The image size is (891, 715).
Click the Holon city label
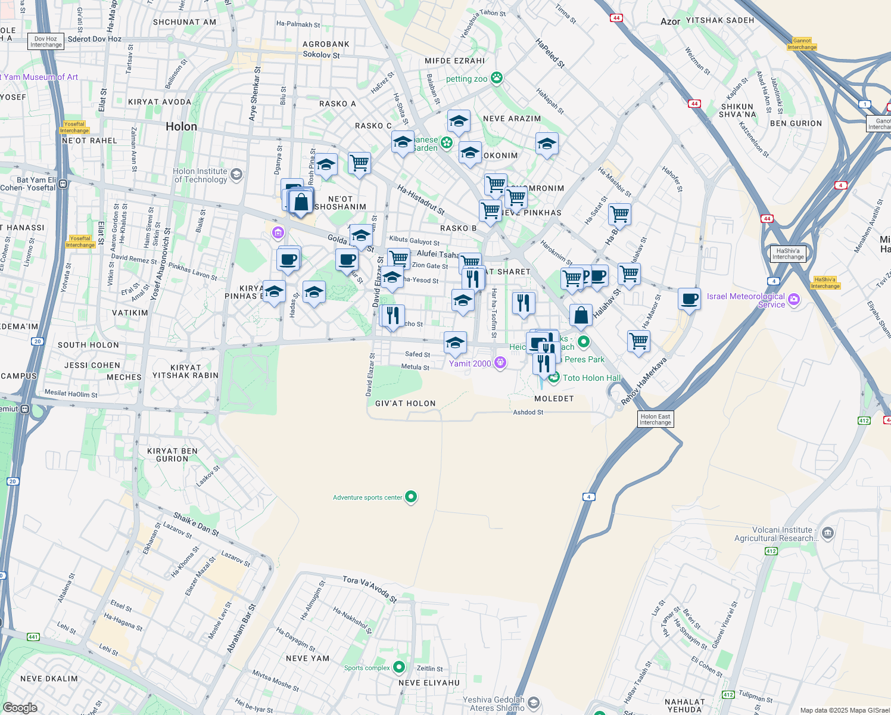click(x=181, y=126)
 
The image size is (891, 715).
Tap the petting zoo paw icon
click(x=497, y=77)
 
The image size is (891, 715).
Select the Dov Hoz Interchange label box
click(x=46, y=42)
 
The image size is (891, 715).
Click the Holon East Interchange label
click(x=655, y=419)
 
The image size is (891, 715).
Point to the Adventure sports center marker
click(x=411, y=496)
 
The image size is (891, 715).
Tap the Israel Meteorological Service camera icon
click(x=794, y=300)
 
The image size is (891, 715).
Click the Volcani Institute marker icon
click(x=827, y=533)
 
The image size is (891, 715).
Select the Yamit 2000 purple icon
click(x=500, y=362)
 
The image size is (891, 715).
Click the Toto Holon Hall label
click(x=591, y=378)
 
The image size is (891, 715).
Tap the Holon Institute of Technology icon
click(x=236, y=174)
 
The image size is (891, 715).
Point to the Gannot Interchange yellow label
click(x=802, y=44)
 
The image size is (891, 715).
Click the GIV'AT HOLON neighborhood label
click(x=406, y=403)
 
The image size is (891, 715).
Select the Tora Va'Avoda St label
click(x=369, y=588)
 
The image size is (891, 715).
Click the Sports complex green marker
click(x=399, y=667)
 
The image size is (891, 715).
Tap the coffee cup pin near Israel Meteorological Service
click(x=689, y=299)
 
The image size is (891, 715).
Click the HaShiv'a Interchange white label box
click(x=788, y=254)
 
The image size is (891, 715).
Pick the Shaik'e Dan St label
click(x=196, y=524)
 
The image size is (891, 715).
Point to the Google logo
click(x=20, y=708)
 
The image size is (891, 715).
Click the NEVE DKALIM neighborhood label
click(x=49, y=679)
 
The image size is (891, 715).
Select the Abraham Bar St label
click(x=241, y=629)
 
